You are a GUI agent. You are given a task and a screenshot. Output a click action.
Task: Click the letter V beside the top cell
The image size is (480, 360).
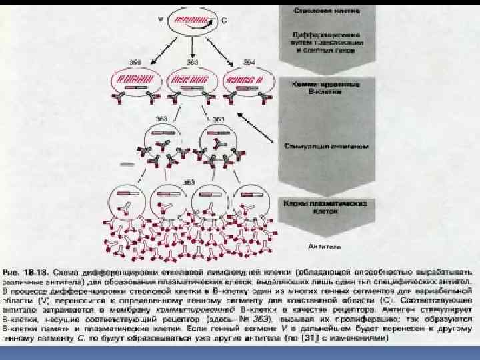[159, 20]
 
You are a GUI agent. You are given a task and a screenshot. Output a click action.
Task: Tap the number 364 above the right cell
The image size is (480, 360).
[249, 62]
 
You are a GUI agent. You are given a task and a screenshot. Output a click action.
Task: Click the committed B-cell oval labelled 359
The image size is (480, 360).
[137, 81]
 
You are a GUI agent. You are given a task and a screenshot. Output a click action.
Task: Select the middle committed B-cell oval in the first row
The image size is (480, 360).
[193, 81]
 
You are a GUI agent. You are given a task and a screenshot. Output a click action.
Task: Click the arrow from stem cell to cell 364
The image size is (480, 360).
[223, 49]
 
